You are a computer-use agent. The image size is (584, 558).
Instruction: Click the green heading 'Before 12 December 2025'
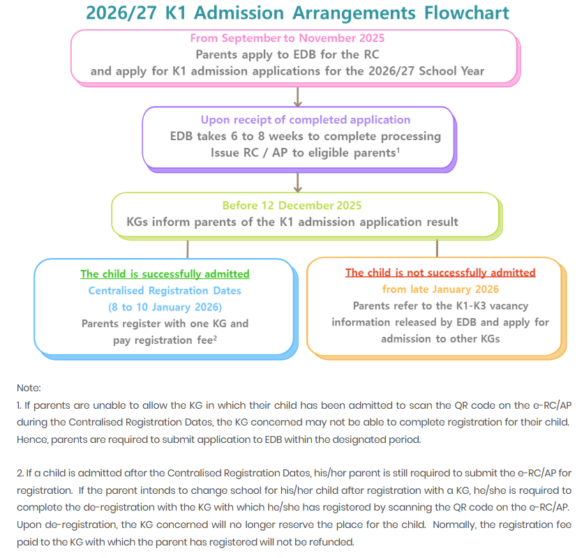pyautogui.click(x=292, y=205)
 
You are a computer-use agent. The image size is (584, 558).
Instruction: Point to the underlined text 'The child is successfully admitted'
pyautogui.click(x=165, y=274)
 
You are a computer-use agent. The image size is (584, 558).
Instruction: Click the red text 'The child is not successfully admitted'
pyautogui.click(x=440, y=273)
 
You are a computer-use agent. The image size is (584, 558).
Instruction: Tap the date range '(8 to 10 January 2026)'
pyautogui.click(x=165, y=307)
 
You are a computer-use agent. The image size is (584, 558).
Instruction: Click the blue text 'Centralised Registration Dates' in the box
pyautogui.click(x=165, y=290)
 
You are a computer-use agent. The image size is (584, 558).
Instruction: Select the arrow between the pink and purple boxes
pyautogui.click(x=298, y=96)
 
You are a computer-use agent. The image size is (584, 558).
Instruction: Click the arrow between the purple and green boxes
pyautogui.click(x=298, y=181)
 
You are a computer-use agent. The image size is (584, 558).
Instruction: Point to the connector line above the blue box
pyautogui.click(x=187, y=248)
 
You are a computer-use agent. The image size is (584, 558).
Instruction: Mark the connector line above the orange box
pyautogui.click(x=437, y=248)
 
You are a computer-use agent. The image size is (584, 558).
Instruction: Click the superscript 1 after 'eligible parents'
pyautogui.click(x=397, y=149)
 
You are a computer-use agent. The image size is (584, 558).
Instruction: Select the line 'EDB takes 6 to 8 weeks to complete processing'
pyautogui.click(x=305, y=136)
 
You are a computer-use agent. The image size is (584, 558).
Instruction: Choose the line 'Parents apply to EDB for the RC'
pyautogui.click(x=287, y=54)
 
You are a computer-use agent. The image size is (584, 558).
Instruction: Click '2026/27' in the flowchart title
pyautogui.click(x=121, y=13)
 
